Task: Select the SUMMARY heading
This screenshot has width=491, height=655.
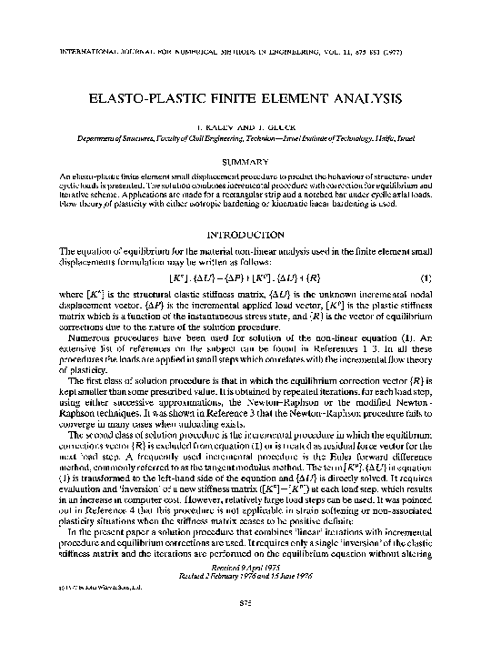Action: (x=245, y=160)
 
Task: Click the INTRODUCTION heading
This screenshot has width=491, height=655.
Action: (x=245, y=234)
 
